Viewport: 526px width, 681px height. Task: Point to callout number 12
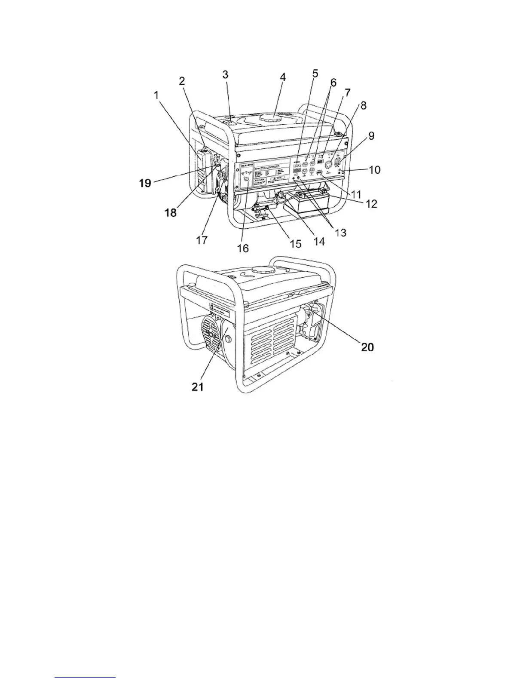tap(371, 203)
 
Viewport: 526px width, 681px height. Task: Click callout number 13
tap(339, 233)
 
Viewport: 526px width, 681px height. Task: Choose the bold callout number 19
tap(145, 183)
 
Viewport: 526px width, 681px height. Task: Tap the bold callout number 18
tap(171, 212)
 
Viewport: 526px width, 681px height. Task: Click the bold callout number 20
tap(367, 347)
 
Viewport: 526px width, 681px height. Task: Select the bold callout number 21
tap(197, 387)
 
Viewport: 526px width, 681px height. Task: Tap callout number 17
tap(202, 239)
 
